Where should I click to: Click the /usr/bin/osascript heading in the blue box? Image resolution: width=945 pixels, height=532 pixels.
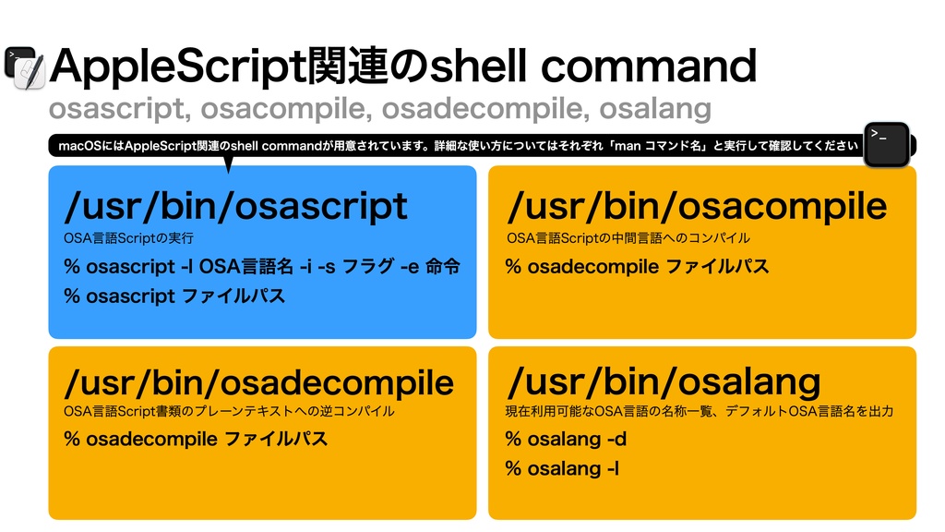(235, 206)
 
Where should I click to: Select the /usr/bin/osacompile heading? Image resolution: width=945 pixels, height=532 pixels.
(697, 206)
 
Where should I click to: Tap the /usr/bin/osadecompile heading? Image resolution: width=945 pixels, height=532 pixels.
(258, 381)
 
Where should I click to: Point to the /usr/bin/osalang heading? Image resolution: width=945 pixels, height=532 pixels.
(664, 381)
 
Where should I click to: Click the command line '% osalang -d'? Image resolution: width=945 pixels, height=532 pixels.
(566, 439)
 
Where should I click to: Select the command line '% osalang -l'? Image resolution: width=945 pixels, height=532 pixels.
(562, 468)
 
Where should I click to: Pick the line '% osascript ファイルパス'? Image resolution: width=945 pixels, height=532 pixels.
(174, 296)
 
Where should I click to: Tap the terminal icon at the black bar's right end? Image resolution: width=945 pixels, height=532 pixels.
(887, 144)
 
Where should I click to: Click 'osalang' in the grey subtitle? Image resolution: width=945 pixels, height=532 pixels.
(655, 109)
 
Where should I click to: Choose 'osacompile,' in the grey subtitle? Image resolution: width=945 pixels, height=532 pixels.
(284, 109)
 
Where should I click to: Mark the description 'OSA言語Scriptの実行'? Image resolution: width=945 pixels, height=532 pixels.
(128, 238)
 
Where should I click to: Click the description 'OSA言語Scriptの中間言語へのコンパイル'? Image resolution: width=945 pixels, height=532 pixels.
(628, 238)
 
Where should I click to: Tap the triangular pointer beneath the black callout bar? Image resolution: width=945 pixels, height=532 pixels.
(227, 164)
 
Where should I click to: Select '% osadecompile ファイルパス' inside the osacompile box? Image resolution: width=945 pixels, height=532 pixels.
(637, 267)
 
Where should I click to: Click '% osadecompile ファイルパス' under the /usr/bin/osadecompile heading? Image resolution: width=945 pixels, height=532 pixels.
(196, 439)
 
